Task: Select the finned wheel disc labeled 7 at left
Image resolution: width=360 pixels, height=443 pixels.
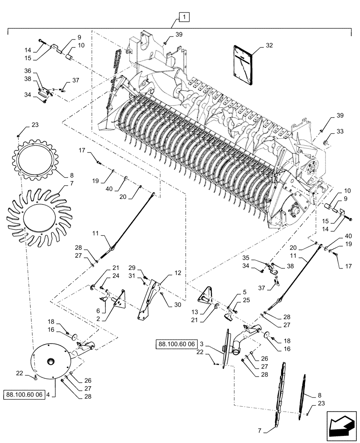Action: (36, 216)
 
